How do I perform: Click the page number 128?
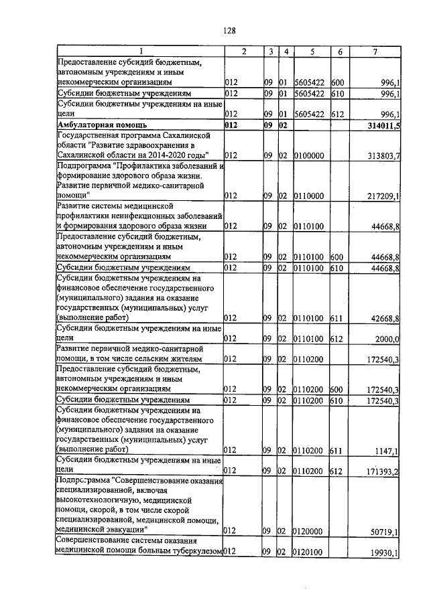[x=229, y=31]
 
